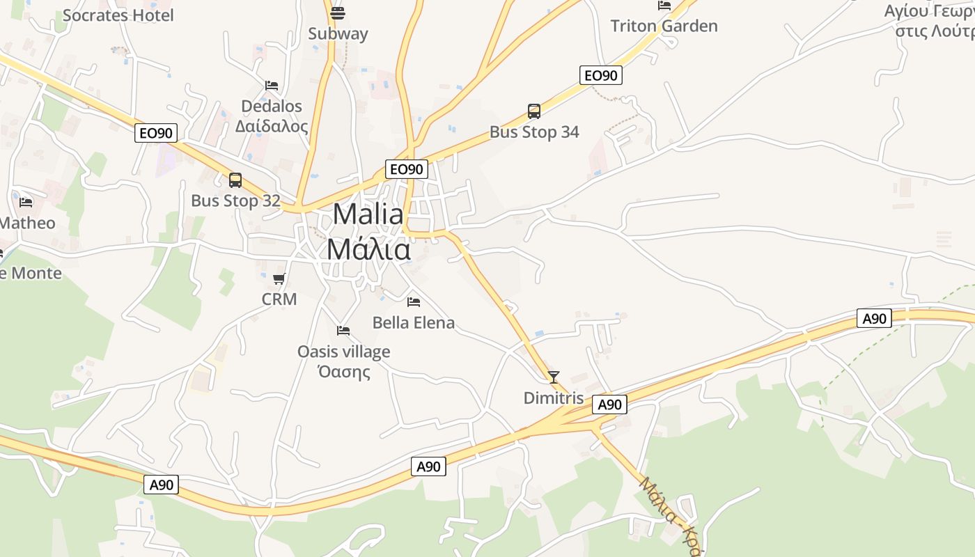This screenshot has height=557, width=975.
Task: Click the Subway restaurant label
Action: point(338,33)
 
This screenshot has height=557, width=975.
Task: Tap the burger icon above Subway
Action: point(338,13)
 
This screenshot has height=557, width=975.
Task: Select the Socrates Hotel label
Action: point(118,15)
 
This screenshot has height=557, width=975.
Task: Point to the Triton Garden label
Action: point(664,26)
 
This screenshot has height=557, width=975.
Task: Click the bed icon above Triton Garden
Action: point(664,6)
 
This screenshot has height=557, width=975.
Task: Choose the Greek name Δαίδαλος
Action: point(272,127)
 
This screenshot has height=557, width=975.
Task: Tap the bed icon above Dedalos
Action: point(272,86)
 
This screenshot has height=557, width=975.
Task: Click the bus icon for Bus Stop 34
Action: point(534,111)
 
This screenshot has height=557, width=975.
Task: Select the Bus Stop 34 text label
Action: point(534,132)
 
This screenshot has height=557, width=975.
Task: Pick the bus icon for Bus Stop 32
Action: point(235,180)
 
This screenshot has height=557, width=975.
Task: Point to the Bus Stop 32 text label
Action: point(235,201)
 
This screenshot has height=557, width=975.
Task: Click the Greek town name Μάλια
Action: point(368,249)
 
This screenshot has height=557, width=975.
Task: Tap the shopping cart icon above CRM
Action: point(279,279)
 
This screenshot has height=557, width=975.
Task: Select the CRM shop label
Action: point(279,299)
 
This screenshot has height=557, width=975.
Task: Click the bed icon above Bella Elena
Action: point(414,302)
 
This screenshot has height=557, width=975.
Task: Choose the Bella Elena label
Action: point(414,323)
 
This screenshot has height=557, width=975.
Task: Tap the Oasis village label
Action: point(343,352)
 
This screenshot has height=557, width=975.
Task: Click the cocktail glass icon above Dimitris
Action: point(554,377)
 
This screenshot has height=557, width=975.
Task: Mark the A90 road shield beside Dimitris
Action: point(609,405)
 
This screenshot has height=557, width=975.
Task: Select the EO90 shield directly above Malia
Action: point(406,169)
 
